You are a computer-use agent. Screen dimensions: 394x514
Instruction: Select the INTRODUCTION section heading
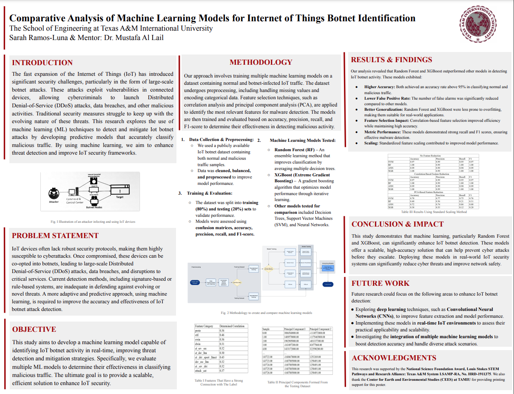[42, 63]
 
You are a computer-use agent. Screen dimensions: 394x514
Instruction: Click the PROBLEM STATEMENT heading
[55, 236]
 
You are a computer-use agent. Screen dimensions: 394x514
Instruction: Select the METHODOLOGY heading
[261, 62]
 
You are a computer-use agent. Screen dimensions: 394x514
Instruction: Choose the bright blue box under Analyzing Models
[328, 284]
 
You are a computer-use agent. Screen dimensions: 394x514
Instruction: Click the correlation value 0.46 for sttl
[222, 335]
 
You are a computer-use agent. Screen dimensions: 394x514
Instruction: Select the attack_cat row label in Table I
[201, 370]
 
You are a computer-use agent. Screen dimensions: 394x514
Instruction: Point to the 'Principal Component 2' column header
[321, 329]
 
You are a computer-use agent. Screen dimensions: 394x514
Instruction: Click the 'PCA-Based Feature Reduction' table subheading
[434, 192]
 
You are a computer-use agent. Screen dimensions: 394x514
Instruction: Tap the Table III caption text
[434, 212]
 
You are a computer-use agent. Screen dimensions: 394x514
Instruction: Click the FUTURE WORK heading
[381, 283]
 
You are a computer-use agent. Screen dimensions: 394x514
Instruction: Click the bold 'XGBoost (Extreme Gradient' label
[302, 175]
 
